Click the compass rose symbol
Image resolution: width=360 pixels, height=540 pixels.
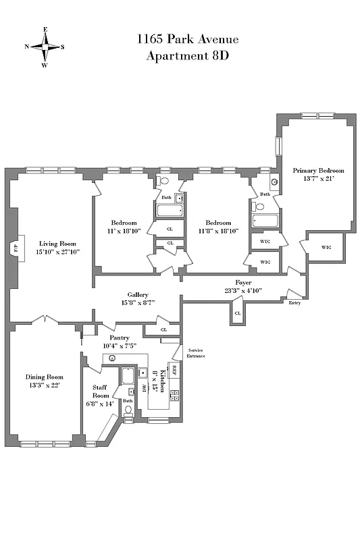(x=45, y=47)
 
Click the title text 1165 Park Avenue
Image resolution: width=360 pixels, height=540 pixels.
(x=187, y=39)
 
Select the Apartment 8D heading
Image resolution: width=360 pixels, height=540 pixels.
(x=187, y=55)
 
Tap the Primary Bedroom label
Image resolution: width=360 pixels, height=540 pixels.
(x=318, y=171)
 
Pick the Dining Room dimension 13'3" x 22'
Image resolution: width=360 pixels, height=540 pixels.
(x=44, y=385)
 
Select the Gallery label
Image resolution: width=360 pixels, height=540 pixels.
(x=138, y=295)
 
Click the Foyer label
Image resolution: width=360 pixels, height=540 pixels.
(x=243, y=282)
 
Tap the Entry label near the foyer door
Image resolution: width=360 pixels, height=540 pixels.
(x=294, y=303)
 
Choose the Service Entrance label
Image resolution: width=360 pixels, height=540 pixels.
(x=196, y=353)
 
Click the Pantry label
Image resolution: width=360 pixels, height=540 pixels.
(x=110, y=337)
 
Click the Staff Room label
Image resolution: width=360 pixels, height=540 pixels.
(x=101, y=391)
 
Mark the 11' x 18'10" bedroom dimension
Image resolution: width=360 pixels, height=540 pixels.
(x=124, y=231)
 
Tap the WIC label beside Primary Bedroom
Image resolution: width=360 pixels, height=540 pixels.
(x=326, y=247)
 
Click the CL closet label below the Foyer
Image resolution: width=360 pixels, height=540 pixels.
(x=237, y=313)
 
